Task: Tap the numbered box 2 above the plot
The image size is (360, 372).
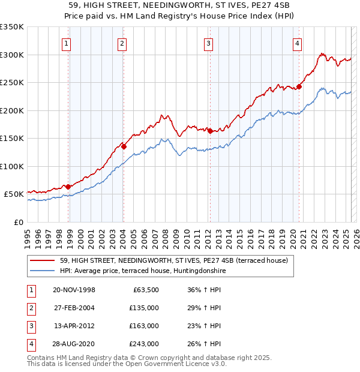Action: pyautogui.click(x=122, y=43)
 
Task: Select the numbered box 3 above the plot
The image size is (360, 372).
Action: pyautogui.click(x=208, y=43)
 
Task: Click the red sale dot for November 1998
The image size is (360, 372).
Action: pyautogui.click(x=68, y=187)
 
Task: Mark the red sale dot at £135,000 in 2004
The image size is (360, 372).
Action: pyautogui.click(x=124, y=146)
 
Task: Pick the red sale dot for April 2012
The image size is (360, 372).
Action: pyautogui.click(x=210, y=131)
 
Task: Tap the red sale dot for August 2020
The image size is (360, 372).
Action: pyautogui.click(x=299, y=86)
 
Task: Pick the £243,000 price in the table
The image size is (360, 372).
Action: pyautogui.click(x=145, y=344)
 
